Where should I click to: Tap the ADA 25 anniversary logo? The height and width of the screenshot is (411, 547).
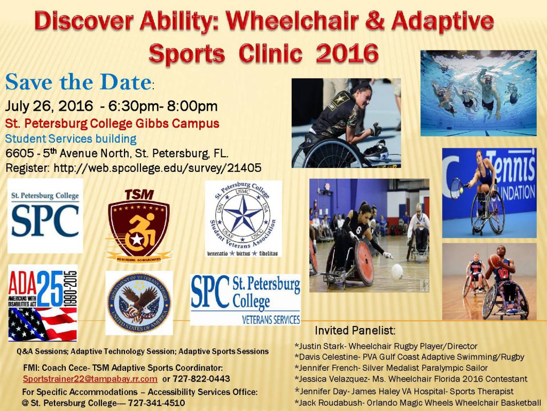click(x=43, y=303)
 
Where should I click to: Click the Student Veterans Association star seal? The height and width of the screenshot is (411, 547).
click(x=243, y=218)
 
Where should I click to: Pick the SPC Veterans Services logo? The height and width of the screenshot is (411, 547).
click(x=245, y=300)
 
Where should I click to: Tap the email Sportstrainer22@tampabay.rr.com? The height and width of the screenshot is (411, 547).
click(x=90, y=379)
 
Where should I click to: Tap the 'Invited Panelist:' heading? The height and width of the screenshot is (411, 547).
click(x=355, y=331)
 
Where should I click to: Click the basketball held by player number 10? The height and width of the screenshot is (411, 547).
click(x=495, y=260)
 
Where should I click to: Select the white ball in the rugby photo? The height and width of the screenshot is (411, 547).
click(x=397, y=272)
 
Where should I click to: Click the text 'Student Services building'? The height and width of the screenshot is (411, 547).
click(x=71, y=138)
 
